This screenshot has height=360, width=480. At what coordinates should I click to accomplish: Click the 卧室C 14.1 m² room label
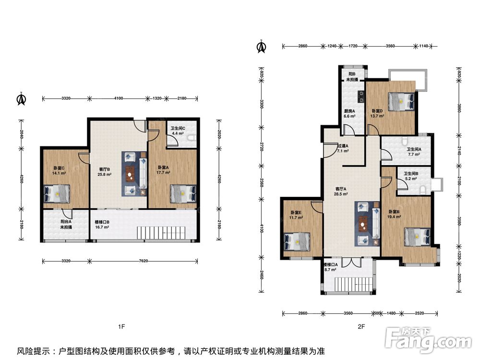click(59, 170)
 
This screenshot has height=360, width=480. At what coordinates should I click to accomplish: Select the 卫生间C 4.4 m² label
click(178, 131)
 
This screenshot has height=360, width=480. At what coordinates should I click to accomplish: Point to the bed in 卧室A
click(183, 193)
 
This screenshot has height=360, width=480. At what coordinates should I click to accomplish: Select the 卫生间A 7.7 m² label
click(414, 152)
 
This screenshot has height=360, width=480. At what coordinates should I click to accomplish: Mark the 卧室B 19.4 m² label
click(394, 214)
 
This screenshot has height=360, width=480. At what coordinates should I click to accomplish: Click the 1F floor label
click(121, 326)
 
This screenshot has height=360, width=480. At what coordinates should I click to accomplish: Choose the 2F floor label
click(361, 326)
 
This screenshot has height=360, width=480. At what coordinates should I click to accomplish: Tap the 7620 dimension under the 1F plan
click(143, 261)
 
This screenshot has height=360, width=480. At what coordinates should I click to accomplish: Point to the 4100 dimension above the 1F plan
click(119, 98)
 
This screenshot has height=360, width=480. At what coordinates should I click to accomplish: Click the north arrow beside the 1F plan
click(21, 99)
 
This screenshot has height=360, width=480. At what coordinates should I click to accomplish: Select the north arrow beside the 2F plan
click(261, 47)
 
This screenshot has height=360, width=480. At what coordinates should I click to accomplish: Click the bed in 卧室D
click(402, 102)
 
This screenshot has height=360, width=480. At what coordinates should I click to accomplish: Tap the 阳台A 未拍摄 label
click(66, 224)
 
